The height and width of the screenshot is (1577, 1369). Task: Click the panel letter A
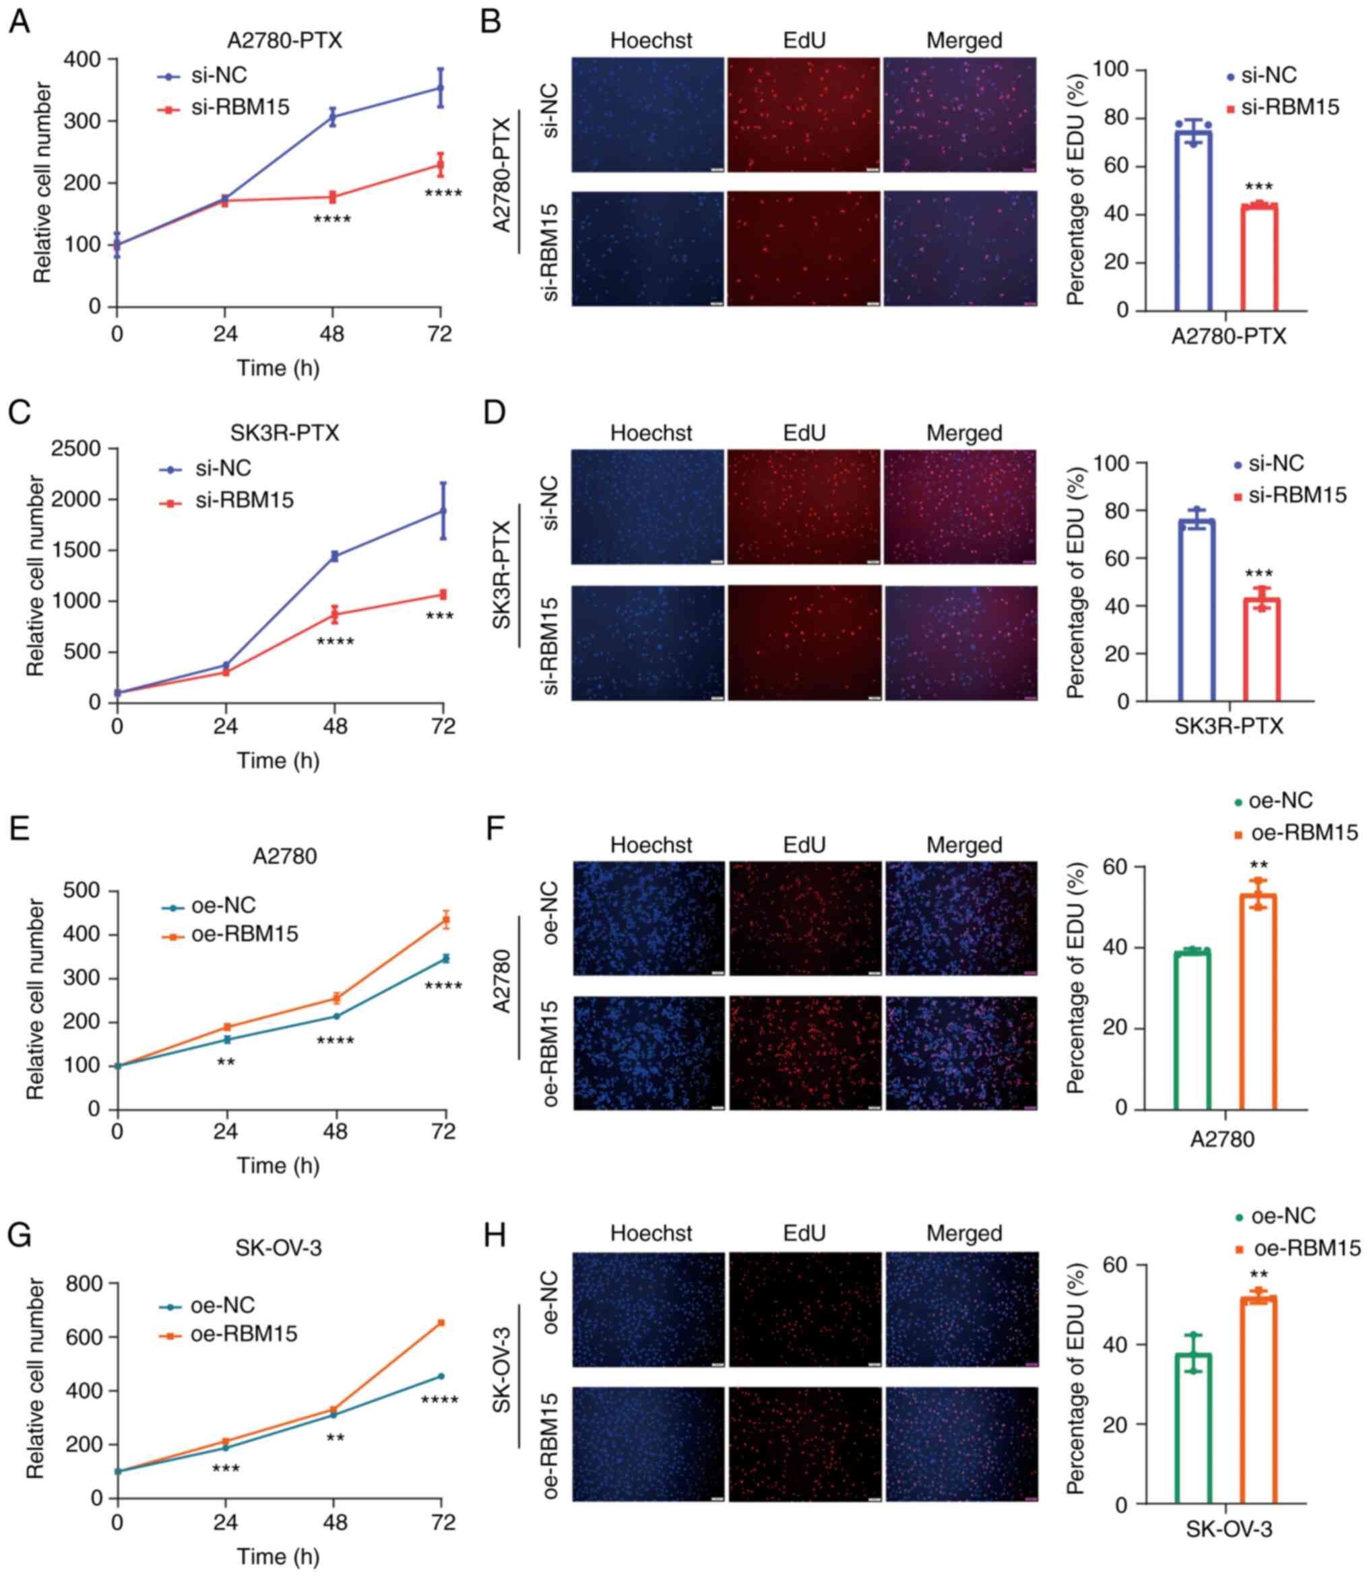click(19, 22)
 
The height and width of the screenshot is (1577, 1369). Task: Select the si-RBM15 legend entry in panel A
click(240, 108)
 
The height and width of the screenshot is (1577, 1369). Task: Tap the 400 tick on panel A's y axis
click(84, 59)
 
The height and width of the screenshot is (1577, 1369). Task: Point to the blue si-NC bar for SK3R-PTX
click(1197, 611)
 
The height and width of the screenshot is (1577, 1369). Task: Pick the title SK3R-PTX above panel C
click(284, 433)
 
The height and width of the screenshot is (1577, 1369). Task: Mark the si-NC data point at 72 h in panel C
click(443, 511)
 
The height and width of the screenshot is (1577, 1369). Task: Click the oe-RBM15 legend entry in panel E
click(245, 933)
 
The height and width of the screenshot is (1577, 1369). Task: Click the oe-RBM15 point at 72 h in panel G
click(441, 1322)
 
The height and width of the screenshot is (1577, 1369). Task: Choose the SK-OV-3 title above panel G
click(278, 1248)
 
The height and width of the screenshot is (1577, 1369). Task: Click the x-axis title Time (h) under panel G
click(278, 1556)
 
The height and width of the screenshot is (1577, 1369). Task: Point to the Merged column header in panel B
click(964, 40)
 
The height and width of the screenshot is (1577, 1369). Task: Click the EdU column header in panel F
click(804, 844)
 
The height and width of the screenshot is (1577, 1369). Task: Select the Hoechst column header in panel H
click(651, 1234)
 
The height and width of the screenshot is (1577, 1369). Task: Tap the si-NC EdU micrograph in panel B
click(804, 114)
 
